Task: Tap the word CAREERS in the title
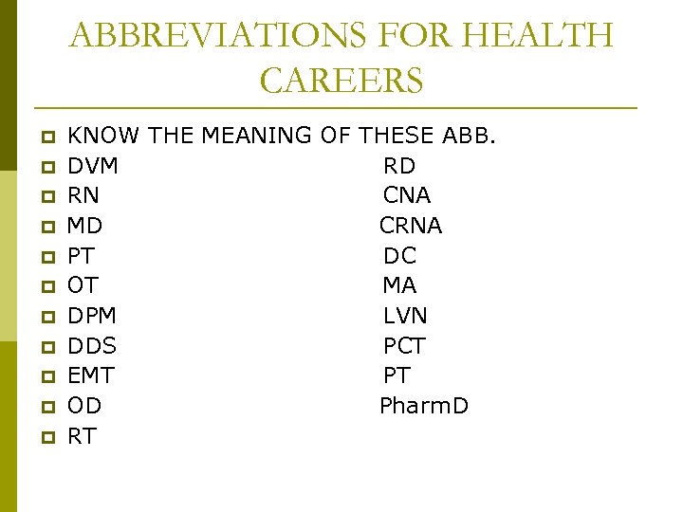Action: coord(341,81)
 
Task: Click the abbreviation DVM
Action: coord(93,166)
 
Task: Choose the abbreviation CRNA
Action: coord(411,226)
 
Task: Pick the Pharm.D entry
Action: coord(424,406)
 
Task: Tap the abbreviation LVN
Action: coord(405,316)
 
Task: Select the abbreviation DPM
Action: coord(92,316)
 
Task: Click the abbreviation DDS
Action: coord(92,346)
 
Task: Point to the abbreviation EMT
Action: coord(91,375)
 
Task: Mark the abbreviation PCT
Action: coord(404,346)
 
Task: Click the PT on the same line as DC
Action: coord(81,256)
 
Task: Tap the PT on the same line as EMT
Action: coord(397,375)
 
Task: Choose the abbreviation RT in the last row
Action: coord(82,436)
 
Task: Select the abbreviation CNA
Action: coord(407,195)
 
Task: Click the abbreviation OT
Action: coord(83,285)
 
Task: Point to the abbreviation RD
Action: coord(399,166)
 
